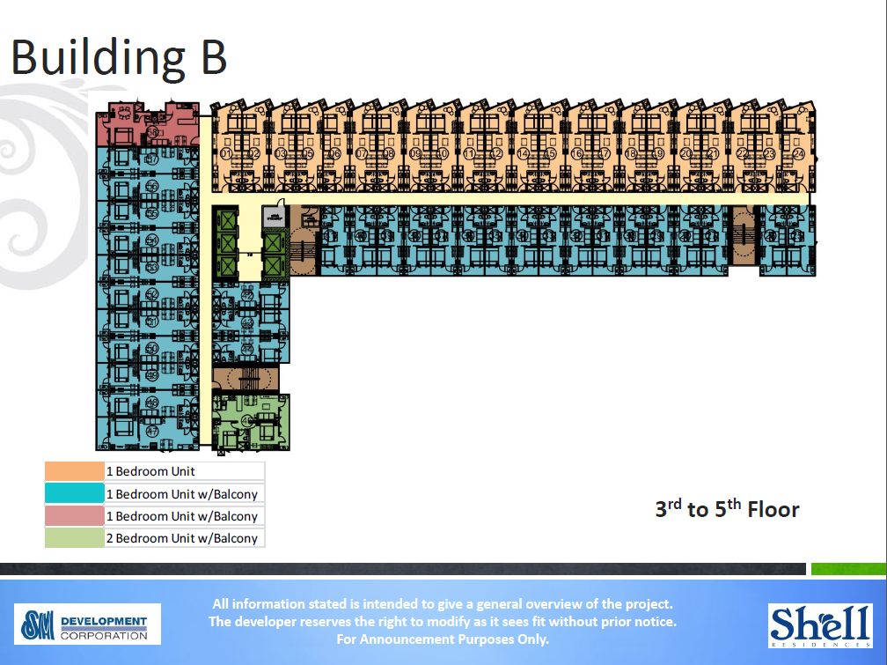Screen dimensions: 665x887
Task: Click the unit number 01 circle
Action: click(x=226, y=153)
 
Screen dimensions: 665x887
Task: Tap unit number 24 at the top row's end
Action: click(x=798, y=153)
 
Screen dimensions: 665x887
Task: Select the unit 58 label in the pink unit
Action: click(x=152, y=133)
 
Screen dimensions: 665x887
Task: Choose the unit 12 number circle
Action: click(x=497, y=153)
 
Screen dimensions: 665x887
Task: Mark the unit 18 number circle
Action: click(x=631, y=153)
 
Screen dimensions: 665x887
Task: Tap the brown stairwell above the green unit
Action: click(x=246, y=380)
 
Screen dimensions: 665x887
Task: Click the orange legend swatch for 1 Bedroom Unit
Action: click(x=74, y=471)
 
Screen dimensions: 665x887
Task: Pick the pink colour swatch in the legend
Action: click(x=74, y=516)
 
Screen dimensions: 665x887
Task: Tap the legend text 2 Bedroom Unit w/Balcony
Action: click(x=182, y=538)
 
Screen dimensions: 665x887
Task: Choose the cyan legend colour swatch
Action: click(x=74, y=494)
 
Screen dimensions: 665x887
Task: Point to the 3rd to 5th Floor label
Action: click(x=727, y=509)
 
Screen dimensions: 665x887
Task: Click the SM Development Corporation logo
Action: click(x=87, y=624)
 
